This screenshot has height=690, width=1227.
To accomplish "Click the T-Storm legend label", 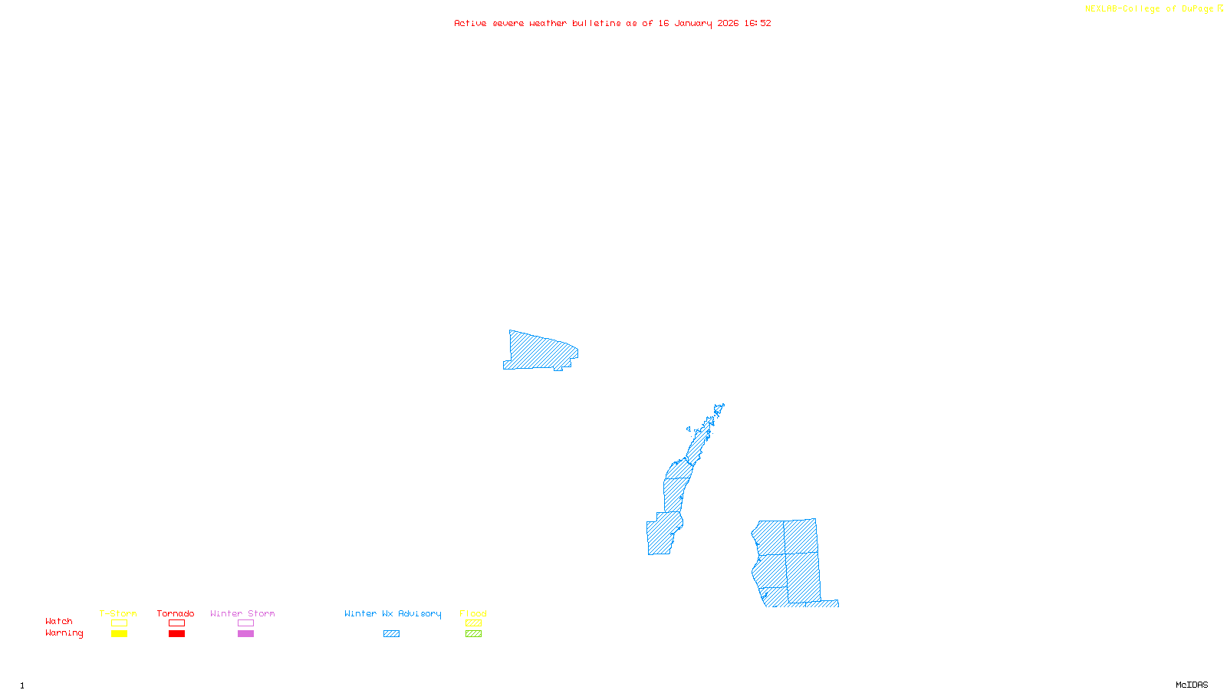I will point(118,613).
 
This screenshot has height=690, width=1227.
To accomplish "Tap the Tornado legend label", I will point(176,613).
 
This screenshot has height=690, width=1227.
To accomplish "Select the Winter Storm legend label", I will point(242,613).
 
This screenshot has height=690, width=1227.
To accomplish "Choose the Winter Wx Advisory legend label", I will point(393,613).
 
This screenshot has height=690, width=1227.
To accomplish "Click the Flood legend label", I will point(473,613).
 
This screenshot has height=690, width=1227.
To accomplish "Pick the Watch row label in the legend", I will point(59,621).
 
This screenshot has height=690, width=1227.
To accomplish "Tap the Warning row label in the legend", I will point(64,633).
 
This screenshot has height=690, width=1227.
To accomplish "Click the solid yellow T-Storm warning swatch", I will point(119,634).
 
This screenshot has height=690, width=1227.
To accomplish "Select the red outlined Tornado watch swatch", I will point(176,623).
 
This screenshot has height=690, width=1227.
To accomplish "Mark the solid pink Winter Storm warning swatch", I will point(245,634).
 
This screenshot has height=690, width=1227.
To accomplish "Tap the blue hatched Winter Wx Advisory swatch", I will point(391,634).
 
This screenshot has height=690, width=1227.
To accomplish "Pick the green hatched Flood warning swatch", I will point(473,634).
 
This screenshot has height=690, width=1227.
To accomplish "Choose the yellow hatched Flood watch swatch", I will point(473,623).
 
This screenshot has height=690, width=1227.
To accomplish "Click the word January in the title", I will point(693,23).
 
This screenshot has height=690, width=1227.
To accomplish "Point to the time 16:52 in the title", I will point(758,23).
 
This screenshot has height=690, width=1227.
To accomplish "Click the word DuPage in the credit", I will point(1197,9).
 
